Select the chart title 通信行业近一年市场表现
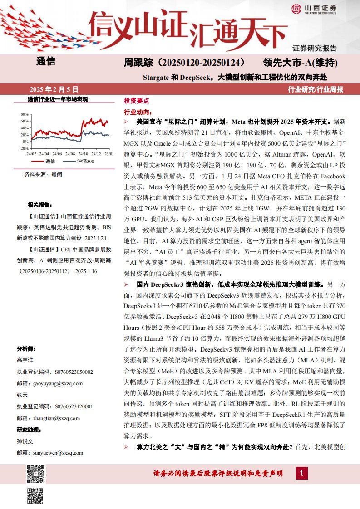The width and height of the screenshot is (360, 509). (58, 99)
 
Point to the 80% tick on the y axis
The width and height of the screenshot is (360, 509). (25, 114)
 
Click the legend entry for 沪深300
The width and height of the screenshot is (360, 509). (85, 162)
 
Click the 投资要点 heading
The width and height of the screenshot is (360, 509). (136, 101)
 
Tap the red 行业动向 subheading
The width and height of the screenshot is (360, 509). (138, 112)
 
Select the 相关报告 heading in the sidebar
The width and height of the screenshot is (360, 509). (38, 204)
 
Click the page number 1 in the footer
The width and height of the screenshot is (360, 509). (301, 474)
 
